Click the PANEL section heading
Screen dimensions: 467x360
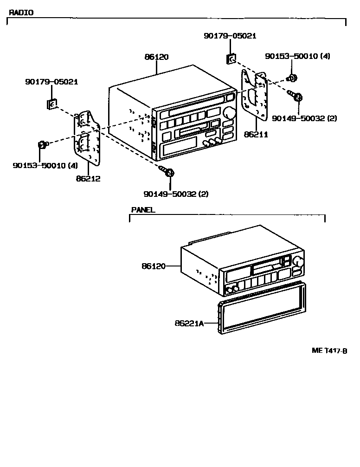coord(143,210)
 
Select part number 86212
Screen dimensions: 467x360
coord(88,178)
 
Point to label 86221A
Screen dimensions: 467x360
coord(189,323)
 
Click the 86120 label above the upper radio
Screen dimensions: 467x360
coord(156,57)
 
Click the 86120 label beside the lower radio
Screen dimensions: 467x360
coord(154,266)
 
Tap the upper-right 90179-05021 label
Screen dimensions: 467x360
coord(230,36)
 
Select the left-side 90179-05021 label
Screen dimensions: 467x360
coord(51,82)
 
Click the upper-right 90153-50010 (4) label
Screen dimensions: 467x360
coord(297,56)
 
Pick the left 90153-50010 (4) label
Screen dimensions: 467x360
coord(45,165)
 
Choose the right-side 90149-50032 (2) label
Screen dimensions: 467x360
coord(304,118)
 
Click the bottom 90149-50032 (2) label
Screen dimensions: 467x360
coord(169,194)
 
